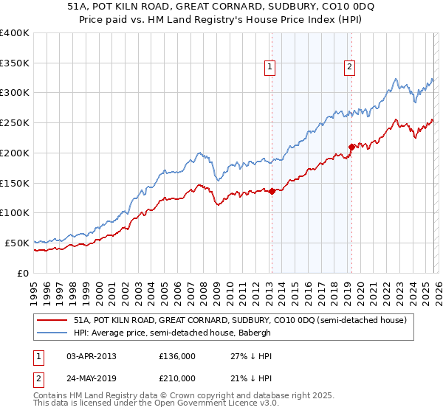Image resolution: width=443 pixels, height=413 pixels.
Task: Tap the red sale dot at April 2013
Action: click(x=272, y=191)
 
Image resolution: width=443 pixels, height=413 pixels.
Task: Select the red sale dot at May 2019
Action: click(x=351, y=147)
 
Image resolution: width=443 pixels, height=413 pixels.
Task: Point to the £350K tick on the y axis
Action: click(x=15, y=63)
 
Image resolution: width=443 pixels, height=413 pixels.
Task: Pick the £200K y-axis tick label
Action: click(x=15, y=153)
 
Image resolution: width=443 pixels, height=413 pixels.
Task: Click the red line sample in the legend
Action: click(x=52, y=321)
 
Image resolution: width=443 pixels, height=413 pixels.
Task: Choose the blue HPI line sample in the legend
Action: click(x=52, y=333)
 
